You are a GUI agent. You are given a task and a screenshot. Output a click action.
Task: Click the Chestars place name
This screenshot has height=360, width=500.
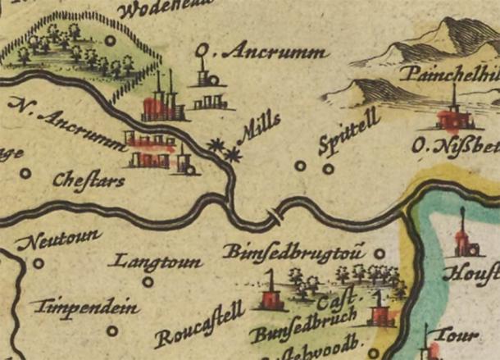pos(88,178)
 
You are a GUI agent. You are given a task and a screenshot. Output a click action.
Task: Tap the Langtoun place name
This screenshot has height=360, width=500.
pos(160,262)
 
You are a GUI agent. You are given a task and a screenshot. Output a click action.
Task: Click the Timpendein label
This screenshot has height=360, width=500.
pos(84,309)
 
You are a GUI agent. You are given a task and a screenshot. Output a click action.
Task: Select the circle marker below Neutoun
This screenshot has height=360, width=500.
pos(39,263)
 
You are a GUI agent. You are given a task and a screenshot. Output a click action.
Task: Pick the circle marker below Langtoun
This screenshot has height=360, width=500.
pos(148,282)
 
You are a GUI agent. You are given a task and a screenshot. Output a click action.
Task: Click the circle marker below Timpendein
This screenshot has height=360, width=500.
pos(111,331)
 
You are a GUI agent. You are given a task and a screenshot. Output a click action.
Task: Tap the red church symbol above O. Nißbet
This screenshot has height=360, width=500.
pos(452,115)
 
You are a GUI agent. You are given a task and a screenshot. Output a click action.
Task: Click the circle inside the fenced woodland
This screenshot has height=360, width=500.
pos(111,39)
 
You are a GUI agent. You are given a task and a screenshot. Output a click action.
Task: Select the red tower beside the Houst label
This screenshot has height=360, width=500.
pos(462,240)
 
